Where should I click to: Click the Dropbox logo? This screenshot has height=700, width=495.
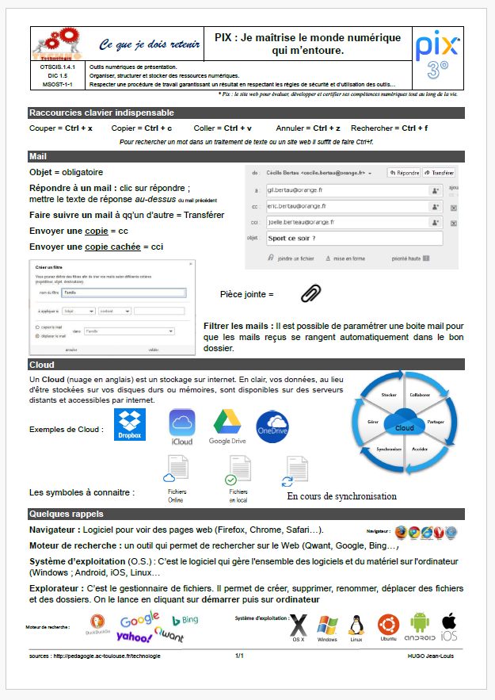[130, 425]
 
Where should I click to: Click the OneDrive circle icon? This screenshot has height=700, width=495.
[272, 427]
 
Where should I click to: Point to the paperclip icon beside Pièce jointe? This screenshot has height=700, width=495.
[311, 293]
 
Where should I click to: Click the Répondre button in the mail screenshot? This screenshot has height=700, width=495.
[404, 172]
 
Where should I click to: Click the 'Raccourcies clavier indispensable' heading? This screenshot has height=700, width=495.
[101, 113]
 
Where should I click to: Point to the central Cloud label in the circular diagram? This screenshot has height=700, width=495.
[404, 428]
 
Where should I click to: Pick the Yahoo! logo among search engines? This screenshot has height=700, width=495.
[135, 636]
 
